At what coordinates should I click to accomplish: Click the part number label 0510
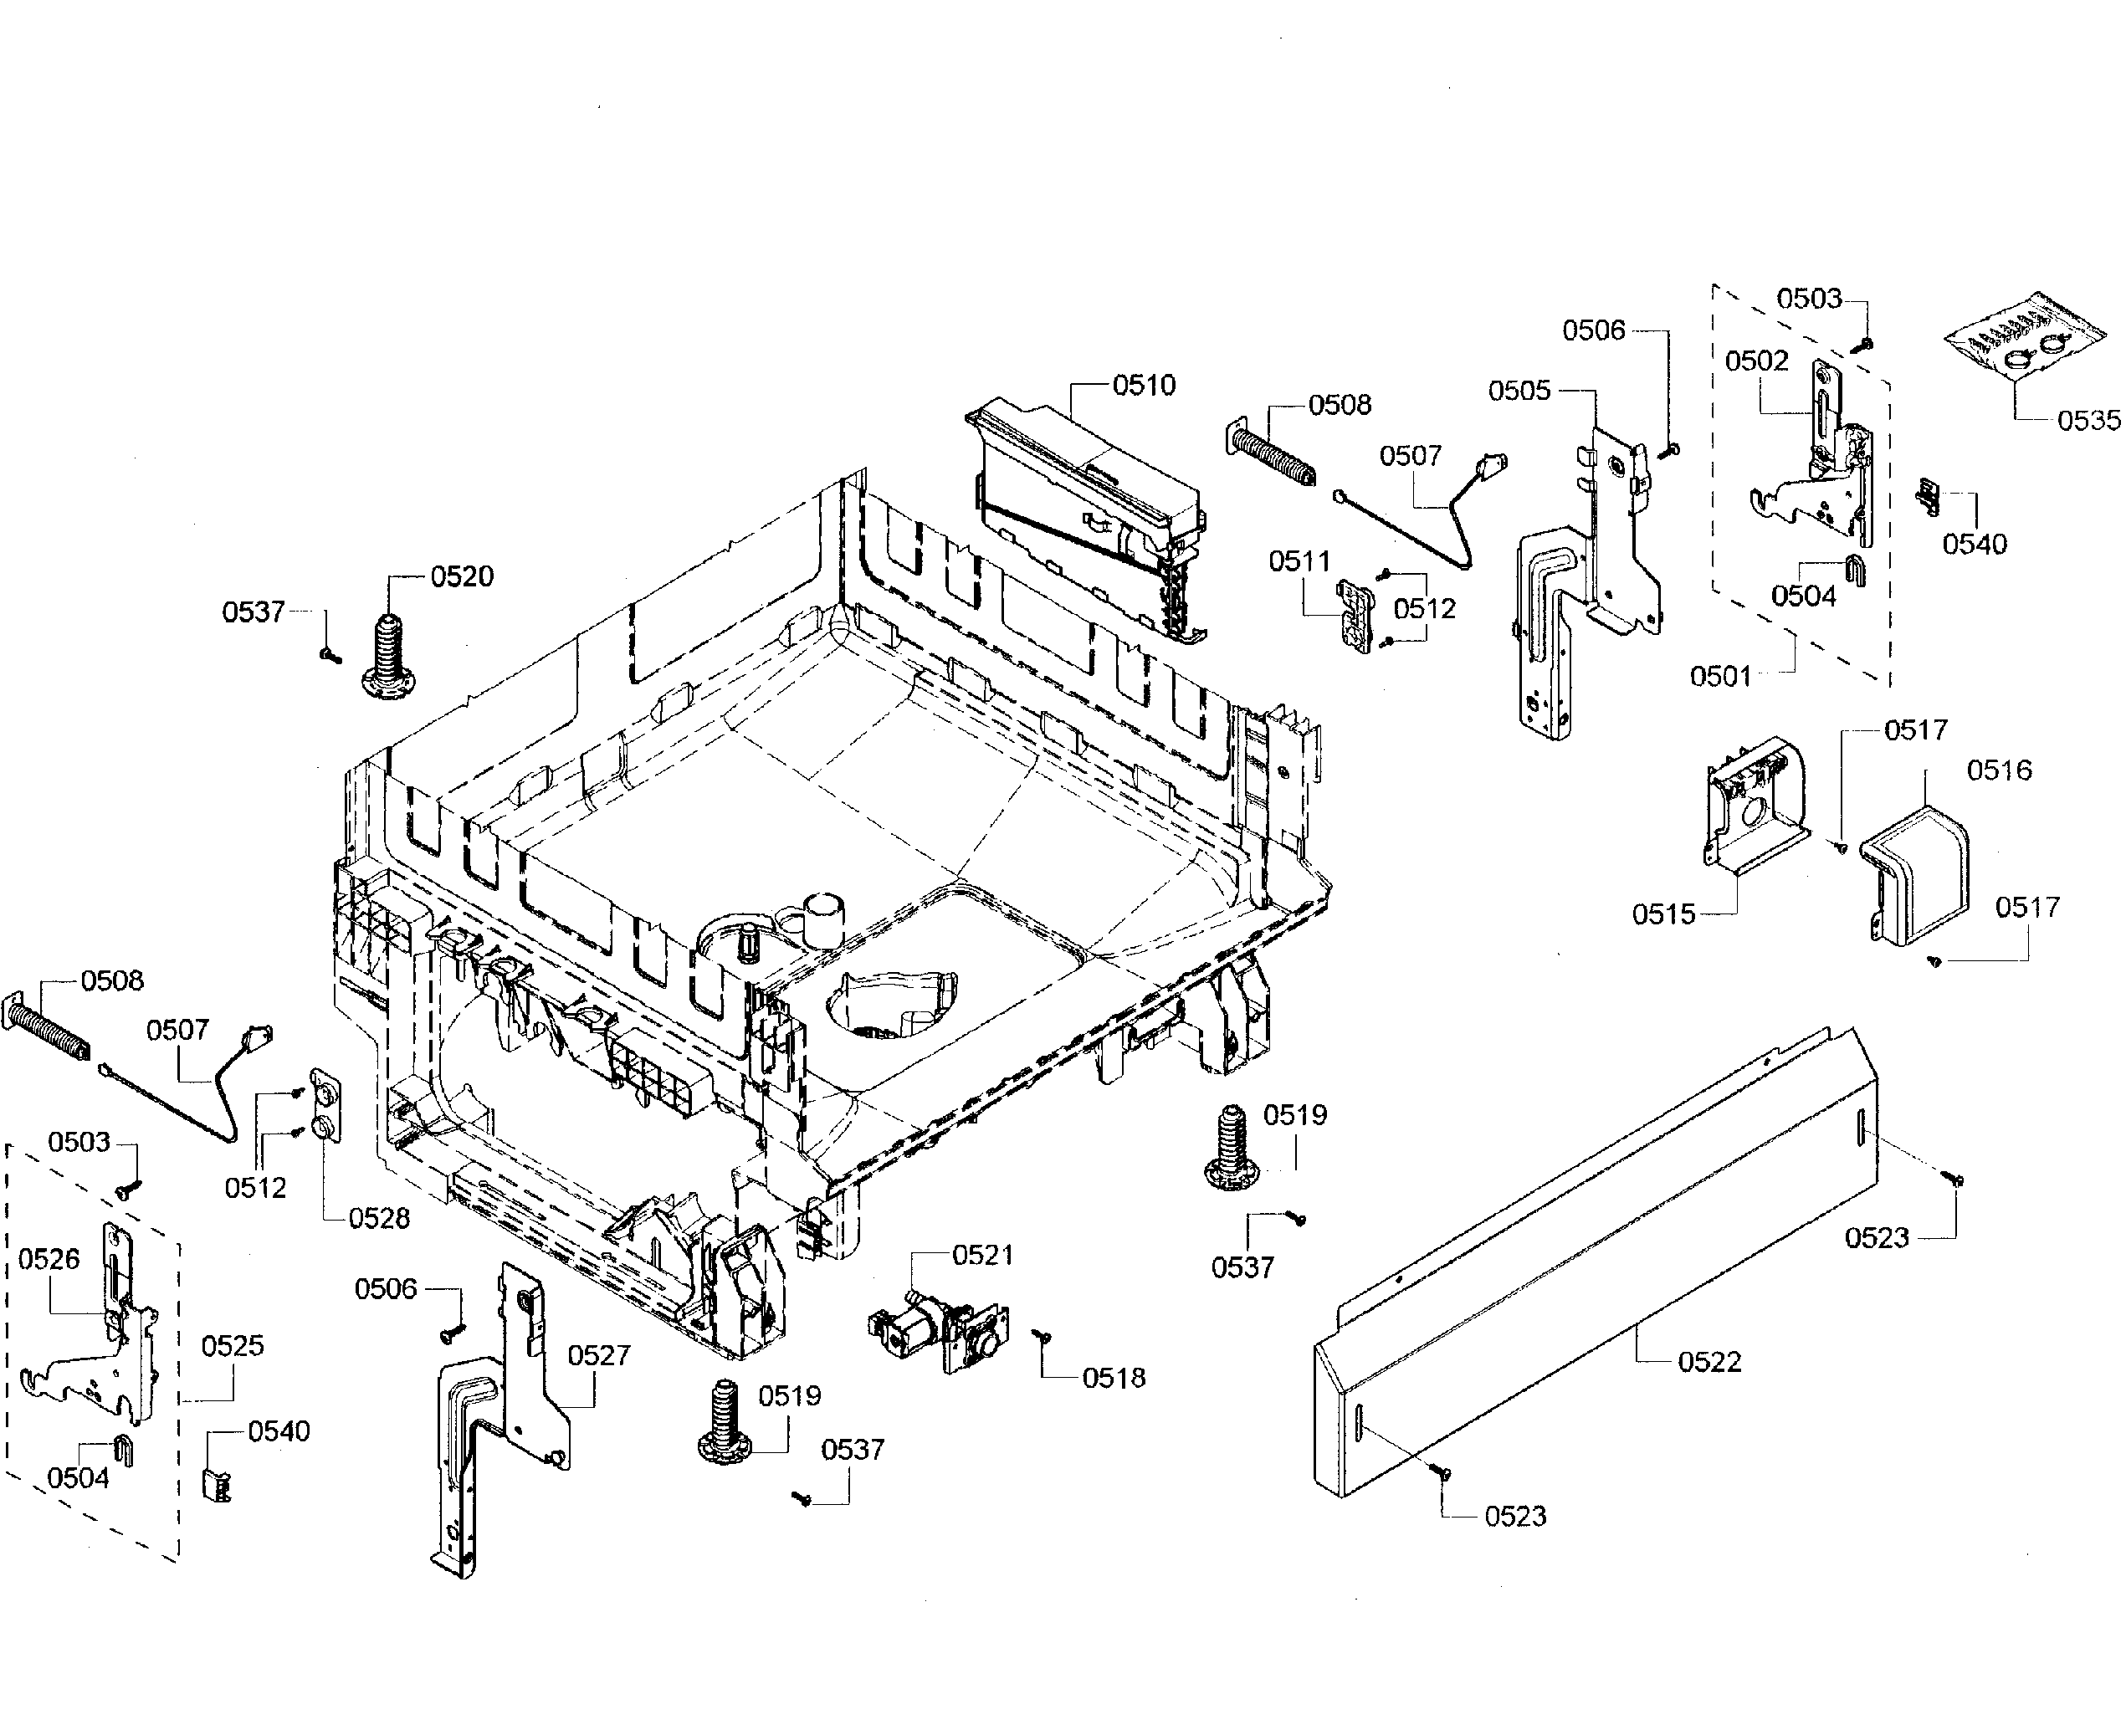pos(1144,386)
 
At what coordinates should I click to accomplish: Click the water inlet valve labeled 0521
pos(939,1331)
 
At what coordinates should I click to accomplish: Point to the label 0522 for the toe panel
pos(1709,1362)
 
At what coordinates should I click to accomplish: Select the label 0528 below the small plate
pos(379,1218)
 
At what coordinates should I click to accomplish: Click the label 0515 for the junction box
pos(1663,914)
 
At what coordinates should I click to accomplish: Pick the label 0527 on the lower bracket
pos(599,1356)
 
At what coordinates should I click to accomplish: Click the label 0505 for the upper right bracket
pos(1519,391)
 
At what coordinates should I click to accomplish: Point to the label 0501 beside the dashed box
pos(1720,677)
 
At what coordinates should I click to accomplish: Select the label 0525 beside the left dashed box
pos(232,1346)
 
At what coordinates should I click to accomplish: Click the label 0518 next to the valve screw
pos(1114,1378)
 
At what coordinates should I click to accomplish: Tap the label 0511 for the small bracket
pos(1299,561)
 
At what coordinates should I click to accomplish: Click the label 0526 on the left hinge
pos(49,1259)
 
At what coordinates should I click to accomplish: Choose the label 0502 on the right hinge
pos(1756,361)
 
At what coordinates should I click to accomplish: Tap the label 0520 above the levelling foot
pos(462,576)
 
